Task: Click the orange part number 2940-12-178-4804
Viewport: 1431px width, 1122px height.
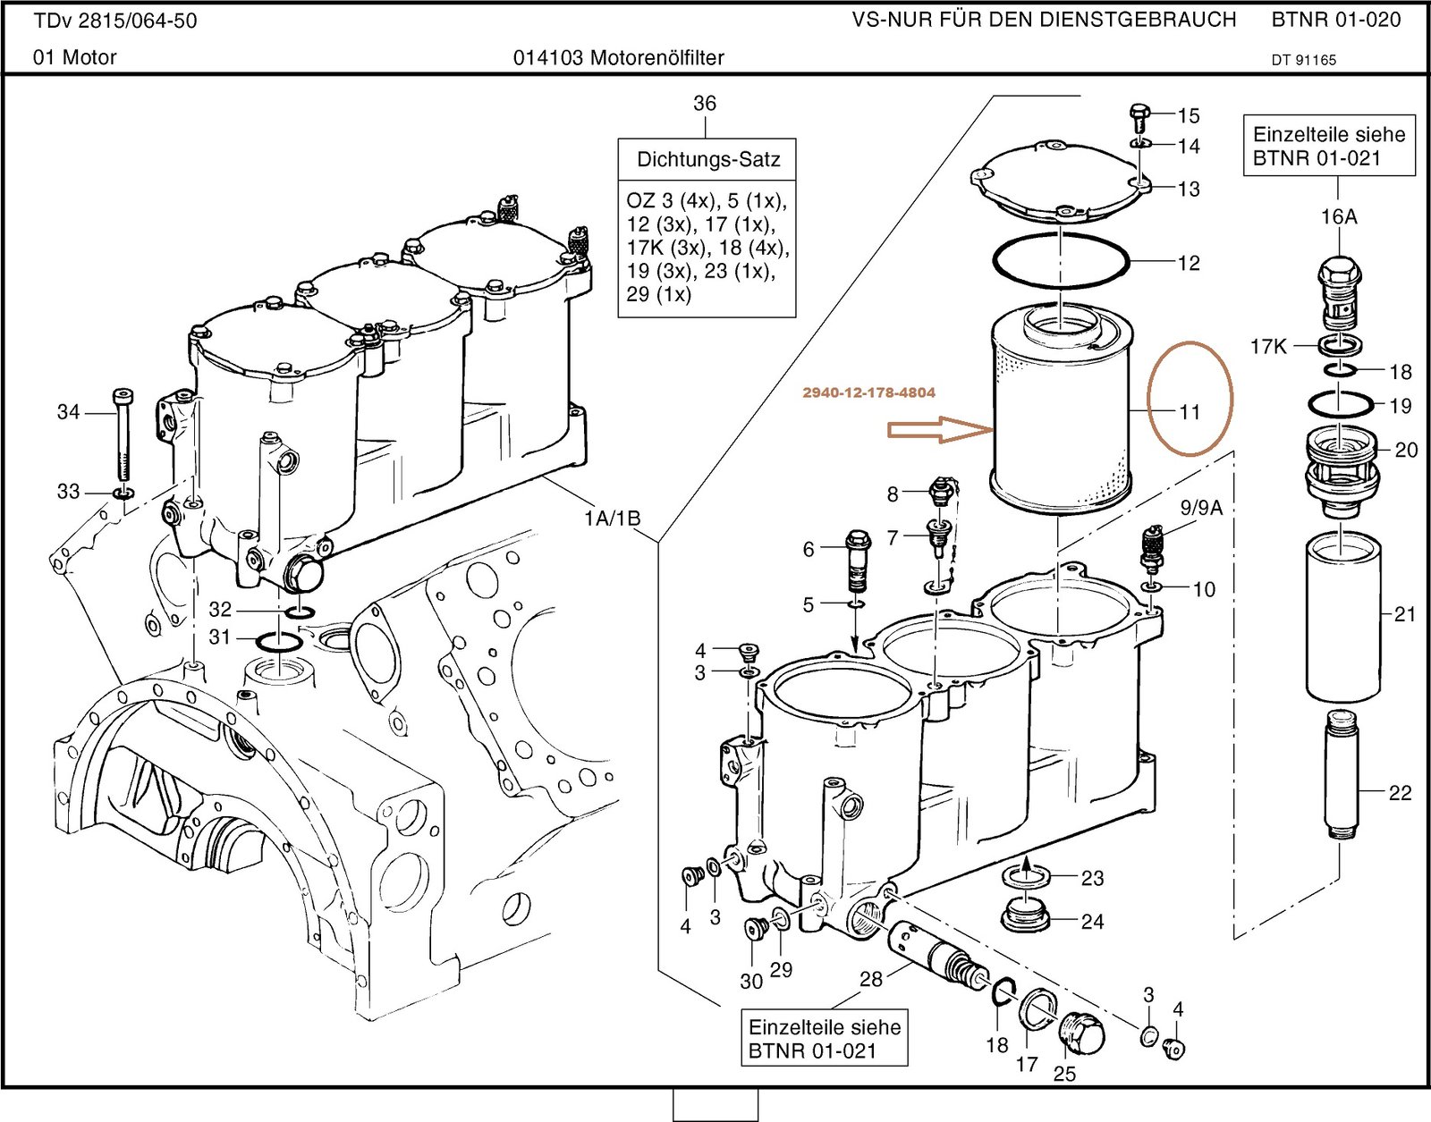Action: click(x=868, y=392)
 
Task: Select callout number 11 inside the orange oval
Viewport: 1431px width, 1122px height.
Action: click(x=1189, y=412)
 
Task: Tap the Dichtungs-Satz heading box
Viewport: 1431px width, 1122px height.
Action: click(x=707, y=159)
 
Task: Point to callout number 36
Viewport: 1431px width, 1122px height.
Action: click(x=705, y=104)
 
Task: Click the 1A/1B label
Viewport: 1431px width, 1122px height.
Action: click(x=612, y=519)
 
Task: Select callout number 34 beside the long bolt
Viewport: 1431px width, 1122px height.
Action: click(x=69, y=412)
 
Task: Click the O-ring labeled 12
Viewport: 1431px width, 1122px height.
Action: click(x=1061, y=262)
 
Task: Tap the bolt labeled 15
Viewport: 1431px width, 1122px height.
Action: click(x=1139, y=117)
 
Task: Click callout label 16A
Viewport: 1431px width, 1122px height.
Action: click(x=1338, y=216)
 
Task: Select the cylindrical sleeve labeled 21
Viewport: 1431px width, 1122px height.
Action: click(x=1342, y=617)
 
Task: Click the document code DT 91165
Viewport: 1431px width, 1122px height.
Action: click(x=1303, y=60)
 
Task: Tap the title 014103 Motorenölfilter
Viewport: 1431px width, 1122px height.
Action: click(x=618, y=58)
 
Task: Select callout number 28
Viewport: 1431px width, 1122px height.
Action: click(x=871, y=979)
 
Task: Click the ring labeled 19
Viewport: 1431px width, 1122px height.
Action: click(x=1340, y=405)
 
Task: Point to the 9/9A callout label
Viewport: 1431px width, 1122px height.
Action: click(x=1200, y=508)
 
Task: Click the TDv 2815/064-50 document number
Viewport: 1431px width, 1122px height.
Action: click(x=115, y=21)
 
